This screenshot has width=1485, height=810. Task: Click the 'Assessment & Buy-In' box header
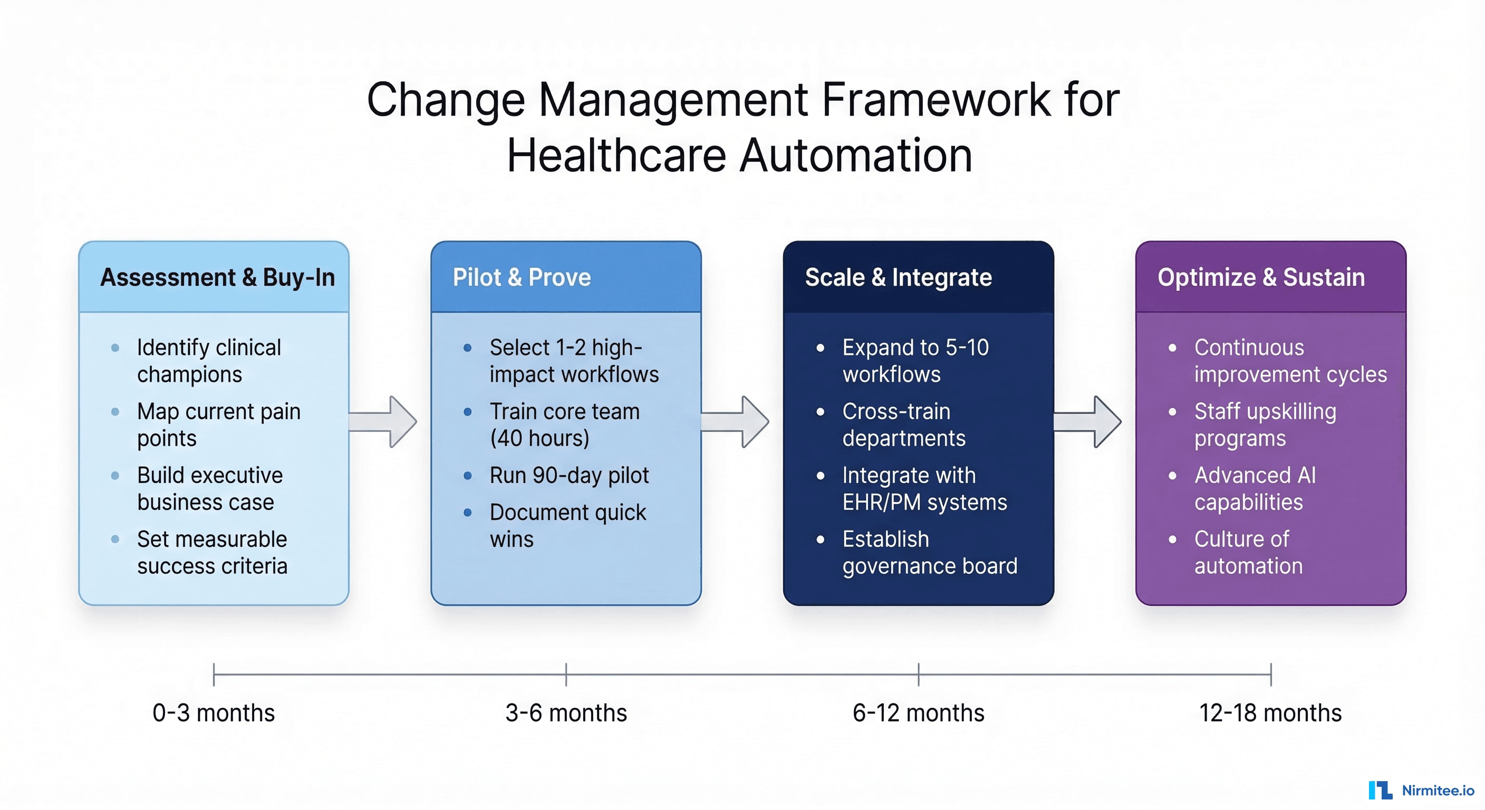coord(217,277)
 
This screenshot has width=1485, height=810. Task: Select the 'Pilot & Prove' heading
coord(521,277)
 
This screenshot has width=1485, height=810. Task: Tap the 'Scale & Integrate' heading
coord(898,277)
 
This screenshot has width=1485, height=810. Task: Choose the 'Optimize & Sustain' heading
coord(1261,277)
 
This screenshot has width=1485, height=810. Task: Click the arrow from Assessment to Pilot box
coord(383,421)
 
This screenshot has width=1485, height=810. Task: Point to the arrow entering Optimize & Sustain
coord(1088,421)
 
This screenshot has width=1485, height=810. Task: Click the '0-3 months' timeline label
coord(213,713)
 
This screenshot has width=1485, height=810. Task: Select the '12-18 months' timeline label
coord(1270,713)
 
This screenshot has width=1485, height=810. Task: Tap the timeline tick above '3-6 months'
coord(566,674)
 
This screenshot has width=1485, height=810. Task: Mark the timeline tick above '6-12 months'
coord(918,674)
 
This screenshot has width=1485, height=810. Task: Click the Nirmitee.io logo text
coord(1437,790)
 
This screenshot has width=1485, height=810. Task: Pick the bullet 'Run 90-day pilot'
coord(569,476)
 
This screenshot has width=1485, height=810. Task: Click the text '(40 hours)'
coord(539,438)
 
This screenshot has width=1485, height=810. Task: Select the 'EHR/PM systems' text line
coord(924,502)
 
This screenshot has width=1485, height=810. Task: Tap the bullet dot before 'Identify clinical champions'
coord(115,348)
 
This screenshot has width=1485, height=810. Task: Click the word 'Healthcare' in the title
coord(616,156)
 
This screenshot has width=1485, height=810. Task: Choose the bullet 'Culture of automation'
coord(1248,552)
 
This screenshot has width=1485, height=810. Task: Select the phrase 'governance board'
coord(929,566)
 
